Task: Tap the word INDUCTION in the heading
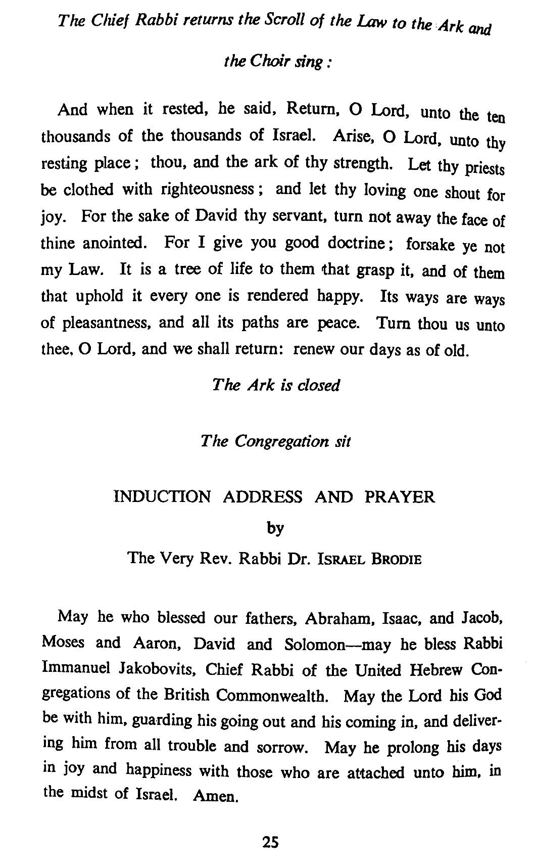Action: pyautogui.click(x=162, y=497)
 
